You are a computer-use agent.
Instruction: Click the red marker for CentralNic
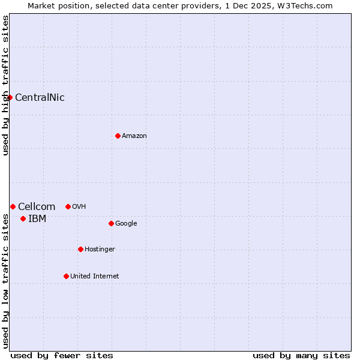click(10, 97)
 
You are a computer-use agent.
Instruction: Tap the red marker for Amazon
click(118, 136)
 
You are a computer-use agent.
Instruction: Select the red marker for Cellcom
click(13, 206)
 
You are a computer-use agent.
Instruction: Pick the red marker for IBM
click(23, 218)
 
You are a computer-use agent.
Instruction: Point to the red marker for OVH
click(68, 206)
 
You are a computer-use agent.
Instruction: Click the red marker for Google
click(111, 223)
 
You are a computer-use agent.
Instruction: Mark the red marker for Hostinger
click(80, 249)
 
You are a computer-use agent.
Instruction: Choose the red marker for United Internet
click(66, 276)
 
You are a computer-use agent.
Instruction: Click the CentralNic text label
click(40, 98)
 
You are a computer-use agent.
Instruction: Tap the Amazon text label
click(134, 136)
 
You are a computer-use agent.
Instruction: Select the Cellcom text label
click(37, 207)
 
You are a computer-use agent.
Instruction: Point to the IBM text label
click(37, 219)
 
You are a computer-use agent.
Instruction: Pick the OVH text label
click(79, 207)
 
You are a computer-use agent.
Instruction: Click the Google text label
click(126, 224)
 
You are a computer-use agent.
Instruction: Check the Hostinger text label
click(100, 250)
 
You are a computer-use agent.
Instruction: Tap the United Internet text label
click(95, 277)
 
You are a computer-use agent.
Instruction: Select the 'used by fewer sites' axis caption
click(62, 355)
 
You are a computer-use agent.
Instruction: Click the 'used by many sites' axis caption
click(301, 355)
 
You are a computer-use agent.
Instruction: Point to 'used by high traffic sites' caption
click(6, 85)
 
